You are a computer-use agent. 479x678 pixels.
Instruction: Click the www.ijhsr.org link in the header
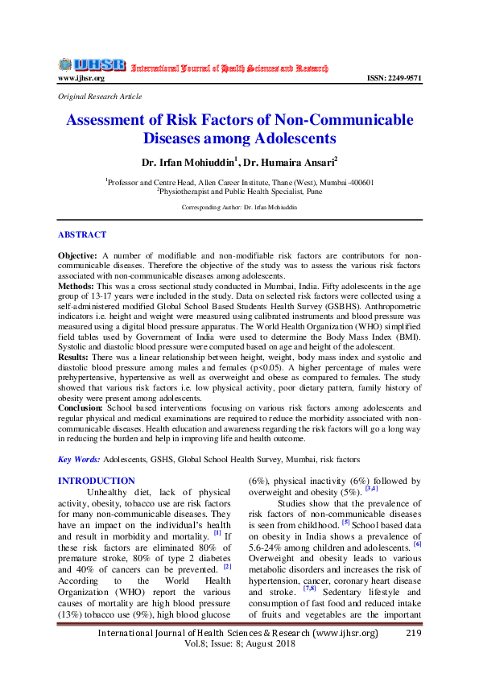(x=81, y=78)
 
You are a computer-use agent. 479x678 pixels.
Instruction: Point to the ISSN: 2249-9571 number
(x=394, y=78)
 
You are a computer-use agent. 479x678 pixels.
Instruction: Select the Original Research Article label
(x=100, y=97)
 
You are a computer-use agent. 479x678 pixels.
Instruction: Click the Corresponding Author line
(x=239, y=207)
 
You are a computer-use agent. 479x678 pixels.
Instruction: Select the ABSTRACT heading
(x=81, y=235)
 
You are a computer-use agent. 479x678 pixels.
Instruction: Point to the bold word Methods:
(x=76, y=286)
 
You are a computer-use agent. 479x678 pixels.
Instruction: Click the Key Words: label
(x=78, y=459)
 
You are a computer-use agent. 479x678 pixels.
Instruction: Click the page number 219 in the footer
(x=414, y=634)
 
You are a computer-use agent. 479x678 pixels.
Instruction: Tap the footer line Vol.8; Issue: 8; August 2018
(x=239, y=645)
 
